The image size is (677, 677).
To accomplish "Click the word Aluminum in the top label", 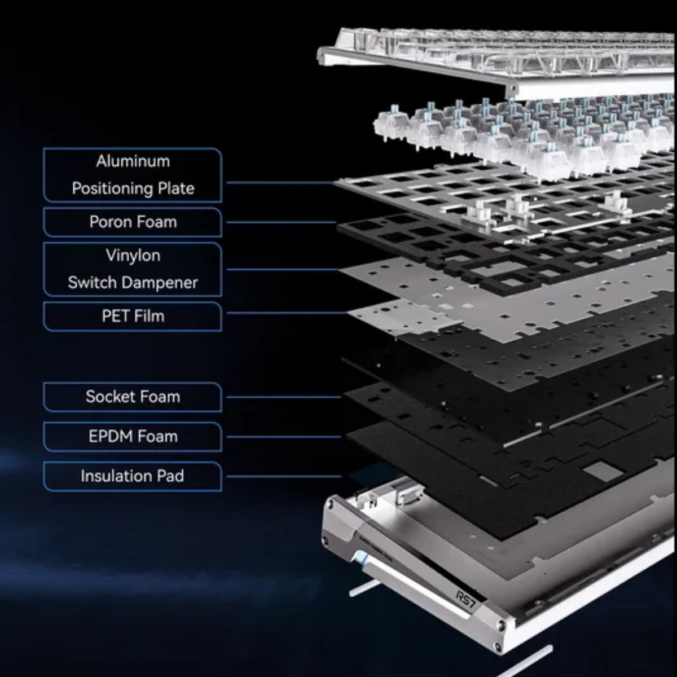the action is (133, 161).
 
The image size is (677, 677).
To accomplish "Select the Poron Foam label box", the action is (133, 222).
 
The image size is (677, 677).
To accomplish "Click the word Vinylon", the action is (133, 256).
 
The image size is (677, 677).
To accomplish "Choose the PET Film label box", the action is (133, 316).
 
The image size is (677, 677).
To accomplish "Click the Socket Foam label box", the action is (133, 397).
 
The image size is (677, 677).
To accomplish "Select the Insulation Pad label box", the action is (133, 476).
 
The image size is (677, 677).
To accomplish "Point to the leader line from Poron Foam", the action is (282, 222).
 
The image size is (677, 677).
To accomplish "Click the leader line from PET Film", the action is (287, 313).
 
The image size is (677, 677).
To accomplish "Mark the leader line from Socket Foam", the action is (284, 397).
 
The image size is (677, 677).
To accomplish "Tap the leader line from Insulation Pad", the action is (284, 476).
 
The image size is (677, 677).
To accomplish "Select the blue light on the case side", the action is (361, 558).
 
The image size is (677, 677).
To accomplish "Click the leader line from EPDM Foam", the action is (284, 437).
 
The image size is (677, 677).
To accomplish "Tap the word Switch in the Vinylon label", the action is (92, 283).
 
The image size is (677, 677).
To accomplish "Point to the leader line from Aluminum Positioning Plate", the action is (280, 183).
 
